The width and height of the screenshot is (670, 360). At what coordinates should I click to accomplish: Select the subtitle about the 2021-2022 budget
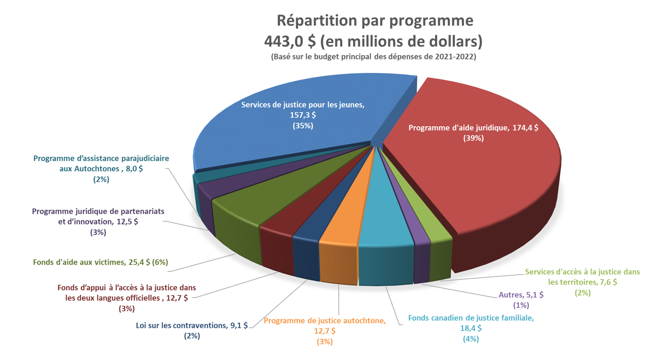(373, 57)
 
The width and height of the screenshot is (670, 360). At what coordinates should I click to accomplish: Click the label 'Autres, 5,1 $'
(520, 295)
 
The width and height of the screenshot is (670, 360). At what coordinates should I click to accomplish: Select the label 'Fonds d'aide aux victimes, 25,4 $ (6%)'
(100, 262)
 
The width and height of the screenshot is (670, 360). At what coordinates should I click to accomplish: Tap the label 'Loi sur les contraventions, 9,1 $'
(192, 326)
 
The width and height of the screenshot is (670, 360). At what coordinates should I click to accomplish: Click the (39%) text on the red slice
(473, 138)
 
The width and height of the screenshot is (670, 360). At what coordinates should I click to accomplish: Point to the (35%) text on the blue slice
(303, 125)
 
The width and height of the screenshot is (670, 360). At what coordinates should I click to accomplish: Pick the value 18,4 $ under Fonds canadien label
(471, 328)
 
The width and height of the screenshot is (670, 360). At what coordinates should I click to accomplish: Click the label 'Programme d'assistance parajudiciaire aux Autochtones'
(101, 164)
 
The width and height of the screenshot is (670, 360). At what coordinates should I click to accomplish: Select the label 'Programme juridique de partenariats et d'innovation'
(98, 217)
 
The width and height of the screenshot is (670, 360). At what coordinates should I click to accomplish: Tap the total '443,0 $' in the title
(290, 41)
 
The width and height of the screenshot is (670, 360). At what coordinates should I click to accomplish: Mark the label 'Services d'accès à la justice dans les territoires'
(582, 276)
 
